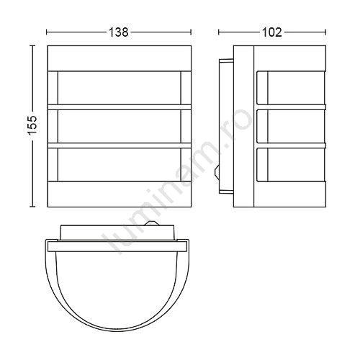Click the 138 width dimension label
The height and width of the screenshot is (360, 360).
point(119,32)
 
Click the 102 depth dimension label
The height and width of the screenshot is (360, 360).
point(272,32)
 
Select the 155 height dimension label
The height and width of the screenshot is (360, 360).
point(32,125)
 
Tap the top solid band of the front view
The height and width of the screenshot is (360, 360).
point(120,58)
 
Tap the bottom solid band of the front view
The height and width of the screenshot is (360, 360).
point(120,194)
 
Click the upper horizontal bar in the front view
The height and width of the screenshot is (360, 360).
point(120,107)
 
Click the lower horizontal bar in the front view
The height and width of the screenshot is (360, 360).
point(120,145)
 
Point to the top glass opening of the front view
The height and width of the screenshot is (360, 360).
point(120,88)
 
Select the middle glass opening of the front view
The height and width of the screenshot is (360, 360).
point(120,126)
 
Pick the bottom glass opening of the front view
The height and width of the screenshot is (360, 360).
point(120,165)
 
